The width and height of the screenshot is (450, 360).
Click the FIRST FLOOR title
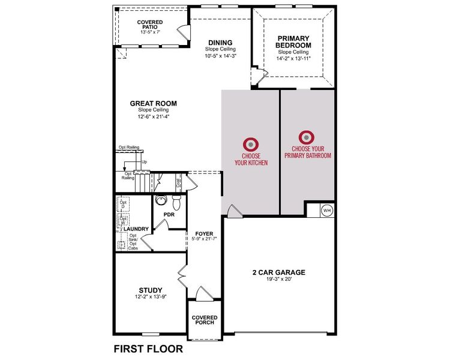148,348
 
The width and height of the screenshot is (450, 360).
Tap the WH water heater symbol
327,210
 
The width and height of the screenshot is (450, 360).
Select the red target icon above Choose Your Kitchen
250,145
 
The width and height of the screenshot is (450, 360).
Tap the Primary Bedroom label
294,41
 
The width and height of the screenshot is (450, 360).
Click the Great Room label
154,103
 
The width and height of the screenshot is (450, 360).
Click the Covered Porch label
205,320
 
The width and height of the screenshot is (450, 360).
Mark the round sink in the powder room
161,200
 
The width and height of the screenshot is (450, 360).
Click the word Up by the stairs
144,162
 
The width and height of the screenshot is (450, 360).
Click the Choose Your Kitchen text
250,159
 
